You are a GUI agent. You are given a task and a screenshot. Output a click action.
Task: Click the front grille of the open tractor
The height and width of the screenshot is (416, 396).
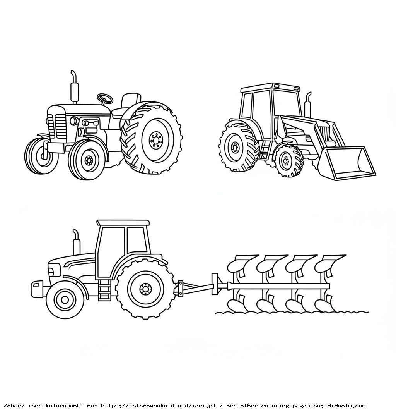[60, 126]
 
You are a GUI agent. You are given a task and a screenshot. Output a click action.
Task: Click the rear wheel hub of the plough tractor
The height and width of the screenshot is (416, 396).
[145, 289]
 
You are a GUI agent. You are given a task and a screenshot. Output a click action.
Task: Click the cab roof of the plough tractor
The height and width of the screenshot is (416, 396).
[123, 223]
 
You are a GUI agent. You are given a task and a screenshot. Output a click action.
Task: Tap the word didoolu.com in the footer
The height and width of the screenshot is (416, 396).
[346, 406]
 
